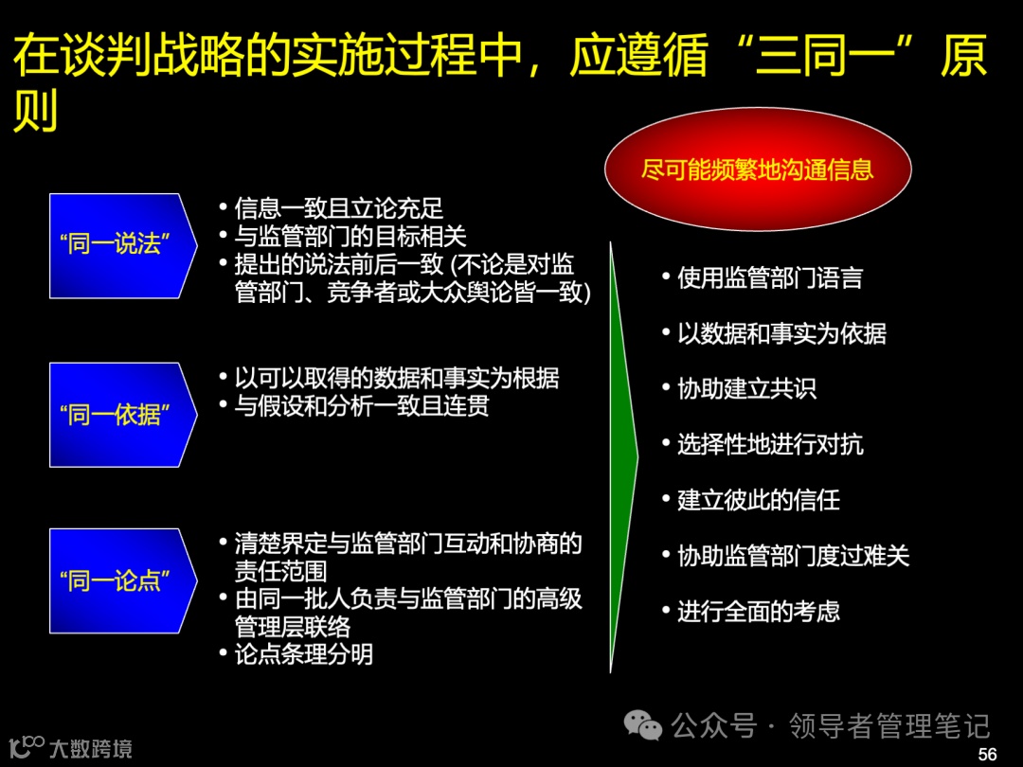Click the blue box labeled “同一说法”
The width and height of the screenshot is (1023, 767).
tap(121, 245)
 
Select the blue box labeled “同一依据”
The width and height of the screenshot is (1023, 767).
tap(121, 414)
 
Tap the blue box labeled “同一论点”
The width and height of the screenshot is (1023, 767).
tap(121, 580)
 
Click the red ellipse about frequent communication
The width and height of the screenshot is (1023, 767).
tap(758, 170)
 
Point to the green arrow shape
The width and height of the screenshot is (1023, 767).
tap(622, 455)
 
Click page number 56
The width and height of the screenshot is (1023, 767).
tap(987, 754)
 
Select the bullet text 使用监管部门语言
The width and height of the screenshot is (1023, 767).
tap(769, 278)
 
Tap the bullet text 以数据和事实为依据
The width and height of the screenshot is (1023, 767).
tap(781, 334)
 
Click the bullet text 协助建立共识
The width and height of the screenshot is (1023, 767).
tap(746, 389)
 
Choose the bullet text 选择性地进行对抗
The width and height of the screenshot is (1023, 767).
tap(770, 445)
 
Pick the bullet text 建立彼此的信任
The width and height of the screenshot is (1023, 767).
tap(758, 500)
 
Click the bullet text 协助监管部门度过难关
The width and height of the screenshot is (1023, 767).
tap(793, 556)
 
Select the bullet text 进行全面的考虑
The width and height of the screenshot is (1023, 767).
tap(758, 612)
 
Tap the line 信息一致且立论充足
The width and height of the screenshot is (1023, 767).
tap(338, 208)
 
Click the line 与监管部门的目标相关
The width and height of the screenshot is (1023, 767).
tap(350, 236)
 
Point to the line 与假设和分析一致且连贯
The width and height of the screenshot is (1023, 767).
tap(362, 406)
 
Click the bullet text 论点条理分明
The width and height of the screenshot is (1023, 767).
tap(303, 653)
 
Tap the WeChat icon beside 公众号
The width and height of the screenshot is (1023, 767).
tap(643, 726)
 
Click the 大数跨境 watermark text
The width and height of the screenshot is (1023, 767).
tap(91, 749)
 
